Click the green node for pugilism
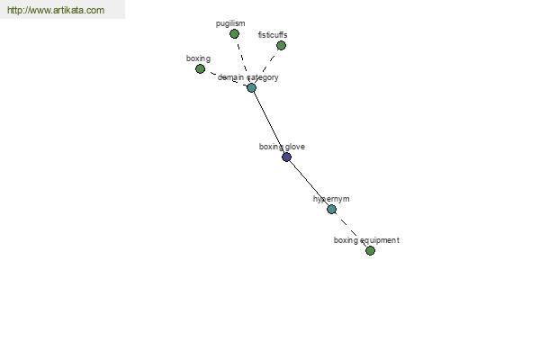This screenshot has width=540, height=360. click(234, 34)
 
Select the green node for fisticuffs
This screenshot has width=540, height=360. click(281, 46)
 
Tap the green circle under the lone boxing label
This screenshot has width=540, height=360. click(200, 69)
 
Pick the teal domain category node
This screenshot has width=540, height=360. click(251, 87)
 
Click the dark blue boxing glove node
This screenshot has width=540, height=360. click(286, 157)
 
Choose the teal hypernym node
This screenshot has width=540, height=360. click(331, 209)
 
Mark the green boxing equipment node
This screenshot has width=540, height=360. click(370, 250)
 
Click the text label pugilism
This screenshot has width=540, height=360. click(230, 23)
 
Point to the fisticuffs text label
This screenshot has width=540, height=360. click(273, 35)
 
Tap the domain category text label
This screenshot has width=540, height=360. click(248, 77)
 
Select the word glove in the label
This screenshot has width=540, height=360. click(294, 147)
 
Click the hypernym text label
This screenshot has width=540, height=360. click(331, 199)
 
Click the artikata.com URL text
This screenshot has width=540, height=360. click(56, 10)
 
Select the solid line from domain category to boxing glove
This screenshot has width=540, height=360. click(269, 122)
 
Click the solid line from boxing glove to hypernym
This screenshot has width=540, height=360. click(309, 183)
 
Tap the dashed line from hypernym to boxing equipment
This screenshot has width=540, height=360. click(351, 229)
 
